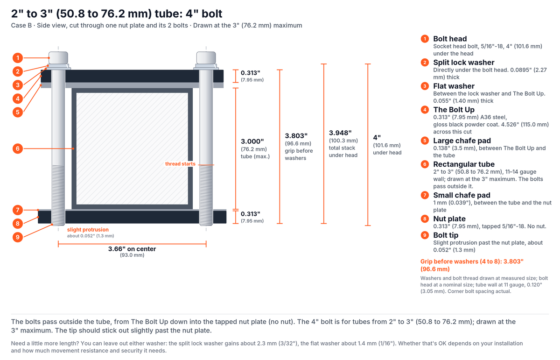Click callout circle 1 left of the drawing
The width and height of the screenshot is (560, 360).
[x=18, y=58]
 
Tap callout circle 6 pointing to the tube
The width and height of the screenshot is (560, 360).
[x=18, y=148]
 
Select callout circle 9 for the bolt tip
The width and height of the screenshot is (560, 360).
[x=18, y=237]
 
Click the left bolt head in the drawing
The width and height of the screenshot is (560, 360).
[x=58, y=58]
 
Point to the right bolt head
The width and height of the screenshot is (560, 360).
[x=206, y=58]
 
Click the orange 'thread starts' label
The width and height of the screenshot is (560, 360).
[x=180, y=164]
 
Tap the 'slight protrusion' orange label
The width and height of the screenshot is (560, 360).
[x=88, y=230]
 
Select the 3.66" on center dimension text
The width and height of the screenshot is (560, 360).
[x=132, y=249]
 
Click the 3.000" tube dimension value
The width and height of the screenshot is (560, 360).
[x=252, y=141]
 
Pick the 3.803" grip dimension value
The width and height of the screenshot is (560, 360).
[x=296, y=136]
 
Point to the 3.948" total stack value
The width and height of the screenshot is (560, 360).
[x=340, y=133]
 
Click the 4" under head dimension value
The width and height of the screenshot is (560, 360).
[x=377, y=138]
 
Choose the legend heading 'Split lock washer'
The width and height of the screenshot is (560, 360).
[x=464, y=62]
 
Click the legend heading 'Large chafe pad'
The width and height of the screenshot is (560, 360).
[x=462, y=141]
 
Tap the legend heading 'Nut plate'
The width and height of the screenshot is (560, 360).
[x=449, y=219]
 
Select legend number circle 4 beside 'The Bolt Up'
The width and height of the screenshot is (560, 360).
[x=425, y=110]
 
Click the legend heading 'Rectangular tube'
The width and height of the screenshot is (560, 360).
[x=464, y=164]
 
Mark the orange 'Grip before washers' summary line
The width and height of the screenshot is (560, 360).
[x=472, y=265]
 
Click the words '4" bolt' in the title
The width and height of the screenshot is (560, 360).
[x=204, y=14]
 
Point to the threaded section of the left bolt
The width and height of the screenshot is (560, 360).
[x=58, y=195]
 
